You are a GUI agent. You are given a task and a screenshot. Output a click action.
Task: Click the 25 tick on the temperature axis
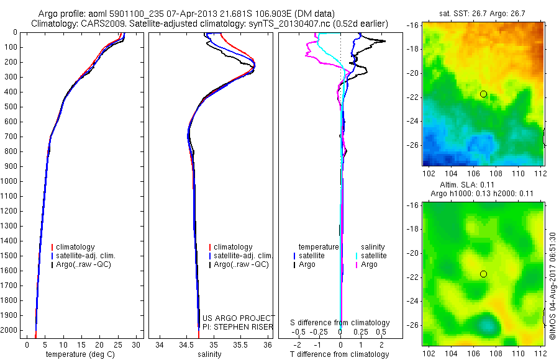tap(117, 344)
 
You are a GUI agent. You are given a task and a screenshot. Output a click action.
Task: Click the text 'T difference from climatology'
tap(340, 354)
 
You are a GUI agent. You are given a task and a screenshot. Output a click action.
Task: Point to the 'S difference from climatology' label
tap(340, 323)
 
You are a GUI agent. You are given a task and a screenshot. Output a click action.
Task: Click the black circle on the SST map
tap(483, 94)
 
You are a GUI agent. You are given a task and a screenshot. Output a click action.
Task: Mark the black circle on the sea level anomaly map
tap(483, 274)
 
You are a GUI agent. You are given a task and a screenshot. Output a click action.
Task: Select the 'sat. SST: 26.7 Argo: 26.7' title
tap(484, 14)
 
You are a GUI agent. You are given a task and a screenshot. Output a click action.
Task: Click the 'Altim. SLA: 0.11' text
tap(484, 185)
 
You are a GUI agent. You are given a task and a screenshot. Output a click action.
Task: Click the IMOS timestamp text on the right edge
tap(552, 286)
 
